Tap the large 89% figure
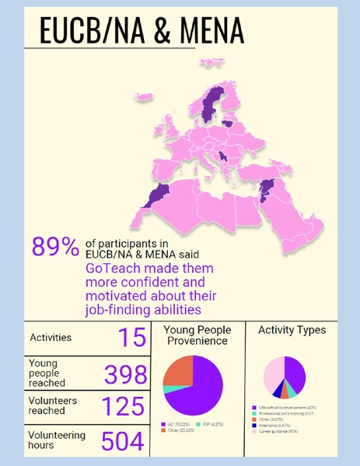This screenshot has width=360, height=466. click(x=54, y=247)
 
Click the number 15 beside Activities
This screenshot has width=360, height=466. click(x=132, y=338)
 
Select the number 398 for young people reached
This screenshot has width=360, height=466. click(x=126, y=374)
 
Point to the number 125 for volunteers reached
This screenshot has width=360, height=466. click(x=126, y=406)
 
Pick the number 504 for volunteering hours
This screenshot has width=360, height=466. click(x=124, y=440)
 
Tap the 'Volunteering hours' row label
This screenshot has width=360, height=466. click(x=56, y=440)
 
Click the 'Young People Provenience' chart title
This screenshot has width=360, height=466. click(x=197, y=335)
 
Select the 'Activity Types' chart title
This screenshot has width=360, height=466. click(x=292, y=330)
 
